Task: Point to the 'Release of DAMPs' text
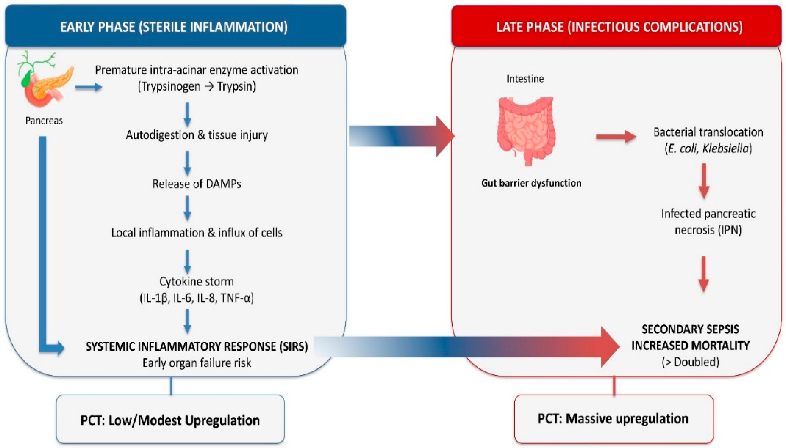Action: (196, 184)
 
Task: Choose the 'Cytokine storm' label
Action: (196, 281)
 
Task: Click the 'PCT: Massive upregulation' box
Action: (614, 419)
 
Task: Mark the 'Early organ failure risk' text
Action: (196, 363)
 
